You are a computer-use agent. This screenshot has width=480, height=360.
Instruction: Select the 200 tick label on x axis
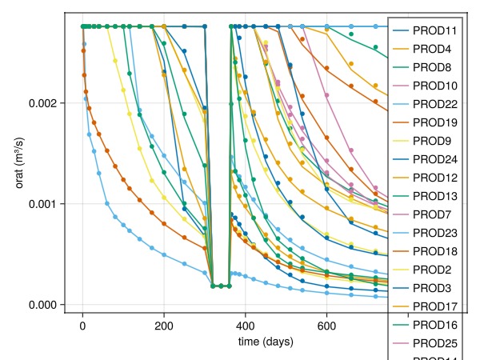pyautogui.click(x=164, y=326)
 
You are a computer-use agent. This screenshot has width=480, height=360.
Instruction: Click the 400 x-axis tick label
pyautogui.click(x=246, y=326)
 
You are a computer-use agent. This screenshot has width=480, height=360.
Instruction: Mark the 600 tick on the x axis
pyautogui.click(x=327, y=326)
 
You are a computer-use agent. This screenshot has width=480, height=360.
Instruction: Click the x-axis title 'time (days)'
pyautogui.click(x=266, y=342)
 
